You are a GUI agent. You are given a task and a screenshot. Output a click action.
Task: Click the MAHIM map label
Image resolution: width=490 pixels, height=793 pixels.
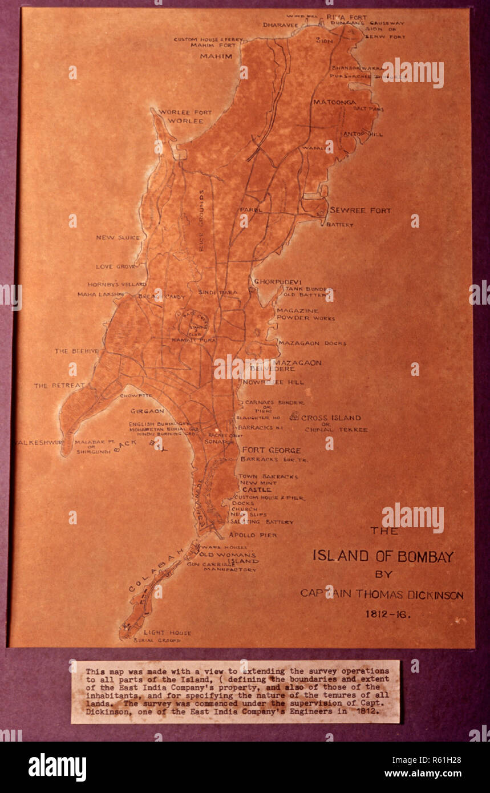[216, 56]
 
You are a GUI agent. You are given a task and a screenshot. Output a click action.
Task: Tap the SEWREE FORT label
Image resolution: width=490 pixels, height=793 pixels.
[360, 211]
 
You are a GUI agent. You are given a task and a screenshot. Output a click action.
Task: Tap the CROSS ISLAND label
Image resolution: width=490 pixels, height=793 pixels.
[331, 418]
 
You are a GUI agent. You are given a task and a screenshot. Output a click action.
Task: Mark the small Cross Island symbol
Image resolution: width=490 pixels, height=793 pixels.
[294, 416]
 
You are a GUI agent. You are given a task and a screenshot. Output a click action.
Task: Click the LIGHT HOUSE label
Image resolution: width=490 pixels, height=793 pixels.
[167, 633]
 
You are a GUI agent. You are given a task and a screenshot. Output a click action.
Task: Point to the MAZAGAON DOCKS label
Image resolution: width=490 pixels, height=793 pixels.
[312, 343]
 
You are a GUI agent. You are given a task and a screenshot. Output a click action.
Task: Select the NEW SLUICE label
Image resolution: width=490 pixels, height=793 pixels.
[118, 238]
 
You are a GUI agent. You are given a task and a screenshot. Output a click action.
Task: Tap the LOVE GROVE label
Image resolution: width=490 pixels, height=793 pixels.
[116, 266]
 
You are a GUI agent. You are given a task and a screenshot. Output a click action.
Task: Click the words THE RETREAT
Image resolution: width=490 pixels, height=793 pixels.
[59, 386]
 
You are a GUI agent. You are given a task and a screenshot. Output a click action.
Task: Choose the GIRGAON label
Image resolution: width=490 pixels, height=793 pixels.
[147, 411]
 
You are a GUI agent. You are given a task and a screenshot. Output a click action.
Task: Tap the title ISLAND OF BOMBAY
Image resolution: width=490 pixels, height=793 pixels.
[383, 557]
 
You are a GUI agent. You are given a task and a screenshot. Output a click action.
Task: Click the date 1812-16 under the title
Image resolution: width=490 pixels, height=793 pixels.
[387, 614]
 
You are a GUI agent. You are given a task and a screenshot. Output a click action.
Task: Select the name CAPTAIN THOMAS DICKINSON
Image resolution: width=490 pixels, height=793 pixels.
[382, 594]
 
